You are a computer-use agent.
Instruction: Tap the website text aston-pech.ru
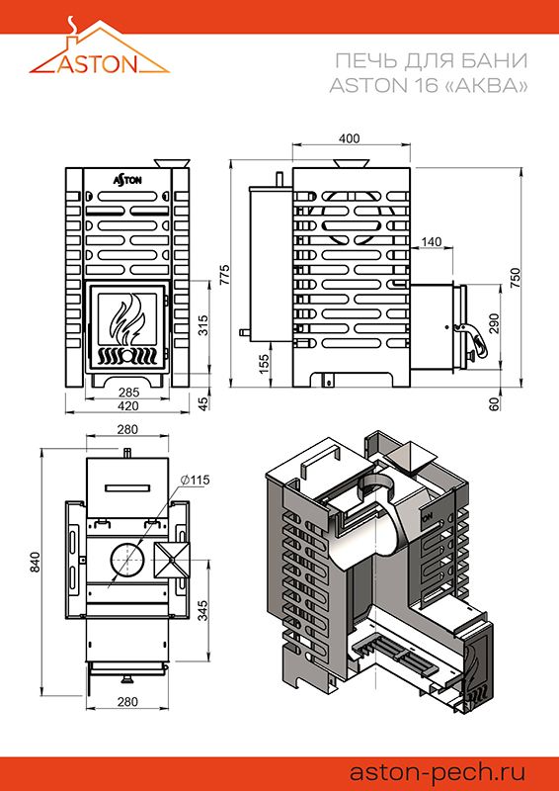(438, 772)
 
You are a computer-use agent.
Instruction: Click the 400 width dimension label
(350, 138)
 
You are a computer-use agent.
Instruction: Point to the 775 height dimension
(225, 274)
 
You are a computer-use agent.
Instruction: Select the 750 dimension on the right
(516, 278)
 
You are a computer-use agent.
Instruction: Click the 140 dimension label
(432, 242)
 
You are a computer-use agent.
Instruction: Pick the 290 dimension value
(494, 324)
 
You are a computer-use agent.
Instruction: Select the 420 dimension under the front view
(127, 406)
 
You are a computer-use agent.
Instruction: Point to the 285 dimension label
(127, 392)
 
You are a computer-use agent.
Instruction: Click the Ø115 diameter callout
(194, 480)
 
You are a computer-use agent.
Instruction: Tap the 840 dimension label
(35, 563)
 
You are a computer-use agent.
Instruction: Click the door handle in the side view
(471, 339)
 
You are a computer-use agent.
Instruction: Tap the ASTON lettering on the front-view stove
(127, 179)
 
